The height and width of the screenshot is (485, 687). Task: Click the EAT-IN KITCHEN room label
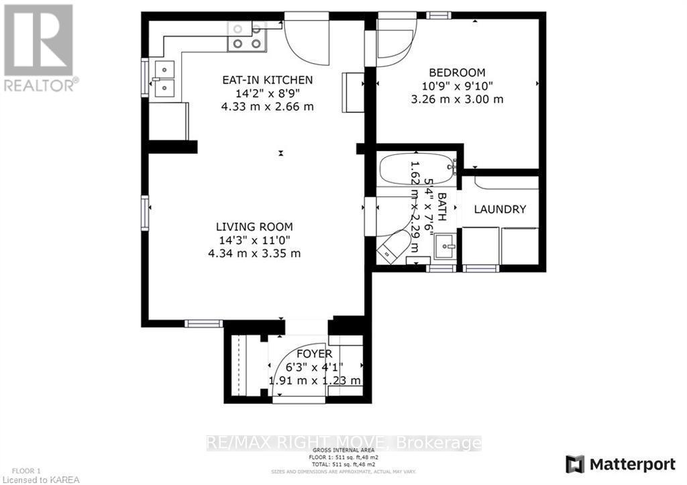click(267, 80)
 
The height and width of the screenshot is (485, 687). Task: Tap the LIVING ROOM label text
click(254, 227)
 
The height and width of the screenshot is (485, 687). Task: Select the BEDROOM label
click(457, 72)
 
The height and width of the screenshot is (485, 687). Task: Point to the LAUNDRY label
click(500, 209)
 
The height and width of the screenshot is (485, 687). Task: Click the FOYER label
click(315, 354)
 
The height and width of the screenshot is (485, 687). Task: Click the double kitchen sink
click(162, 78)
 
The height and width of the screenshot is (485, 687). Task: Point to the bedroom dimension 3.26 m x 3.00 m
click(457, 99)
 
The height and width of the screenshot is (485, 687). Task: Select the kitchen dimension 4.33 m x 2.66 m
click(267, 107)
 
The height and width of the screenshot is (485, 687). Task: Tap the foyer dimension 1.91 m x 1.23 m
click(315, 380)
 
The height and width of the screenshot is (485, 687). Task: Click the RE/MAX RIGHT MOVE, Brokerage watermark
click(343, 443)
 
